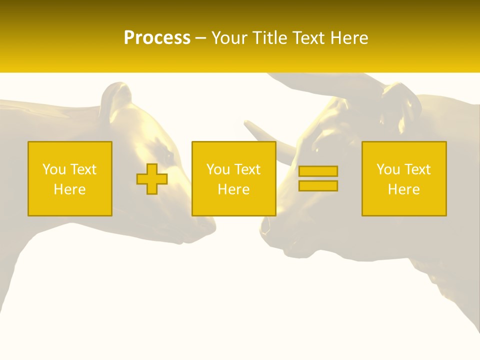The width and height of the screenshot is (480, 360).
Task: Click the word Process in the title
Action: tap(157, 38)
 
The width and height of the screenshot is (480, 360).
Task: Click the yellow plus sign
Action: tap(152, 179)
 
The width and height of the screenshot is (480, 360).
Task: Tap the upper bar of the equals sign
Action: tap(318, 171)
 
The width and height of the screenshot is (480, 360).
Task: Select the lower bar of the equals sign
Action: tap(318, 185)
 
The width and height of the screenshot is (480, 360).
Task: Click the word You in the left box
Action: tap(54, 169)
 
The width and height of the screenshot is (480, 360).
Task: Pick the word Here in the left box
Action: tap(69, 189)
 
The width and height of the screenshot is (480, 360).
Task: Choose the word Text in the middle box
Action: tap(247, 169)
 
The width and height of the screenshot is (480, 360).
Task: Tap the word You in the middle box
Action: tap(218, 169)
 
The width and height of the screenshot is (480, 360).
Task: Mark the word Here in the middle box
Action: tap(233, 189)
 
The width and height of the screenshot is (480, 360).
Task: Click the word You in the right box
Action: tap(388, 169)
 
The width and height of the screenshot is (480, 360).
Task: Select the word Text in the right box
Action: tap(417, 169)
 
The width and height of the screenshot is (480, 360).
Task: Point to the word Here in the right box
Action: tap(403, 189)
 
